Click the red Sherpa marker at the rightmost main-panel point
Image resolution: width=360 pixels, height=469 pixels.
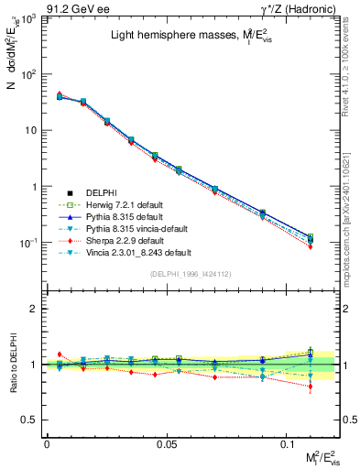[311, 246]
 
